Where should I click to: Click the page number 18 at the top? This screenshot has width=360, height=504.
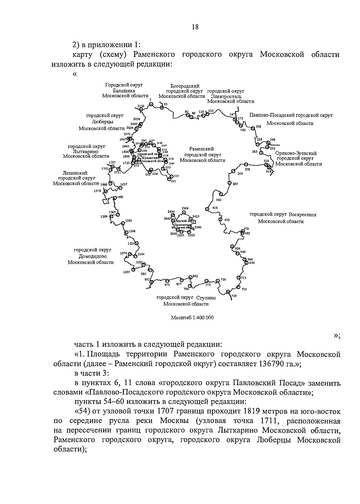click(195, 27)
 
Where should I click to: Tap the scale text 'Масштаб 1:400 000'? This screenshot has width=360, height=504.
click(192, 317)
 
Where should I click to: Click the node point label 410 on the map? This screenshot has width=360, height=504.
click(215, 208)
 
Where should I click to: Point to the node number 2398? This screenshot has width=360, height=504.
click(185, 208)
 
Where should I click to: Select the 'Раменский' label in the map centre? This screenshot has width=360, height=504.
click(201, 149)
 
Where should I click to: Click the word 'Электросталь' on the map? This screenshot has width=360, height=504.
click(226, 96)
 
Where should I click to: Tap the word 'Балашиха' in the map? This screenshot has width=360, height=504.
click(124, 91)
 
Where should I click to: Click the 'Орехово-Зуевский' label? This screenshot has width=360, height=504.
click(296, 153)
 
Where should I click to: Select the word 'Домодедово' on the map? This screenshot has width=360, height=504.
click(93, 256)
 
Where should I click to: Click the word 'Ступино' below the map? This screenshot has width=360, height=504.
click(206, 298)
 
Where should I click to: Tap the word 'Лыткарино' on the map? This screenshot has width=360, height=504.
click(86, 151)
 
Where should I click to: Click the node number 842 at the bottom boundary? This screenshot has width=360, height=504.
click(195, 276)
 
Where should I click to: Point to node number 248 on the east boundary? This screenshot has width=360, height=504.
click(272, 139)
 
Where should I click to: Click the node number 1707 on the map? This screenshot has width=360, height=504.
click(112, 162)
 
